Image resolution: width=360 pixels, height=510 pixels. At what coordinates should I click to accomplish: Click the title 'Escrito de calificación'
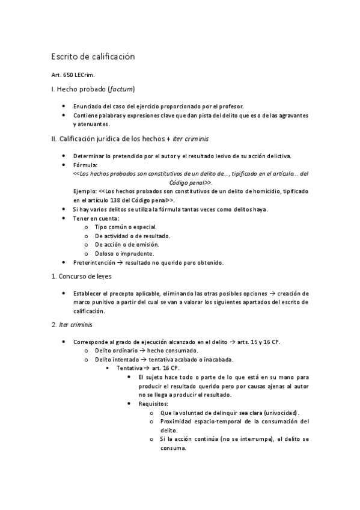pos(93,57)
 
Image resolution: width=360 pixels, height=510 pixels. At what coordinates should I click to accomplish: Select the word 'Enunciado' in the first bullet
pos(89,105)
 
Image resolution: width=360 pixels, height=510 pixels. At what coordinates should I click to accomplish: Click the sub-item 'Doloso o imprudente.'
pos(120,254)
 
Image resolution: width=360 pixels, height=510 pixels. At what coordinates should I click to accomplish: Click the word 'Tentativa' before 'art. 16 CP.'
pos(130,367)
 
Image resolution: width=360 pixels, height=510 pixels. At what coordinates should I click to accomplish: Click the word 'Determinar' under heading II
pos(90,156)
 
